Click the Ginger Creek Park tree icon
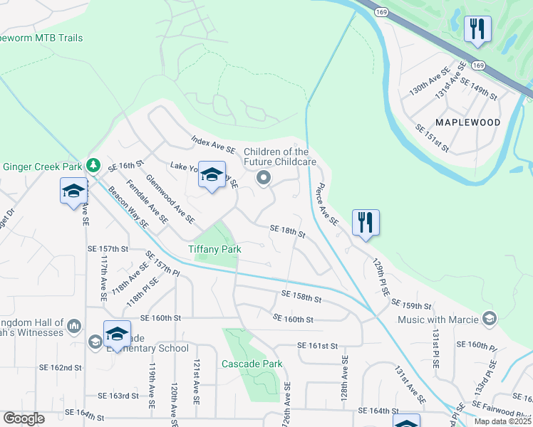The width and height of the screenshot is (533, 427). (x=93, y=166)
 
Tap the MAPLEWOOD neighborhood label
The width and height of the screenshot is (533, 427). (x=468, y=122)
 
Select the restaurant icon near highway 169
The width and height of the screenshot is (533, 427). (x=475, y=30)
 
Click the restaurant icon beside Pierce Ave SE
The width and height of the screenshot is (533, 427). (x=366, y=222)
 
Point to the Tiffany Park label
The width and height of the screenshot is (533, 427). (x=214, y=249)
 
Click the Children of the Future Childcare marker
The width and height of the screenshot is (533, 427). (x=264, y=178)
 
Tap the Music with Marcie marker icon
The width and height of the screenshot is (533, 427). (x=489, y=318)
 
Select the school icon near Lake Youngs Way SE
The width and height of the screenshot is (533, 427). (x=212, y=174)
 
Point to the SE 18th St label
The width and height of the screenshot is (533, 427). (x=288, y=229)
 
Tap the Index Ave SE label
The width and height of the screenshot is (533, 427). (x=212, y=146)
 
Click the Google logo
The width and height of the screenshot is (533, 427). (x=24, y=418)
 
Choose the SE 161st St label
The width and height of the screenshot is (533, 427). (x=317, y=346)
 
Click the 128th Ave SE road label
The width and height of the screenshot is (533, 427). (x=345, y=370)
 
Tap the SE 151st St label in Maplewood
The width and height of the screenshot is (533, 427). (x=433, y=137)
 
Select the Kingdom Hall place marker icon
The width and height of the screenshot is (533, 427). (x=74, y=327)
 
